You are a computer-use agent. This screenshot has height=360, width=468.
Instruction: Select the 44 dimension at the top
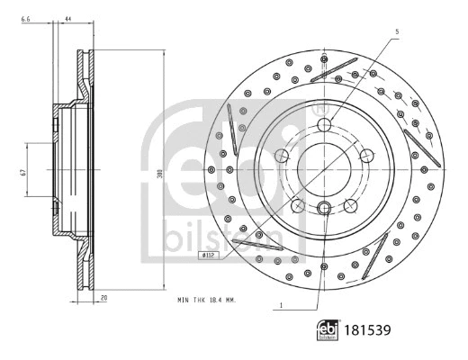tap(67, 17)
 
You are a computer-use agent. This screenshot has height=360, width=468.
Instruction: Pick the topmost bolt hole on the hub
tap(324, 126)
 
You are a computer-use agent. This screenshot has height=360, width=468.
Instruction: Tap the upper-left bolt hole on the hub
tap(282, 157)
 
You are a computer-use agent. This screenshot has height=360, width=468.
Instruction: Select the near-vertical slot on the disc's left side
tap(231, 125)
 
